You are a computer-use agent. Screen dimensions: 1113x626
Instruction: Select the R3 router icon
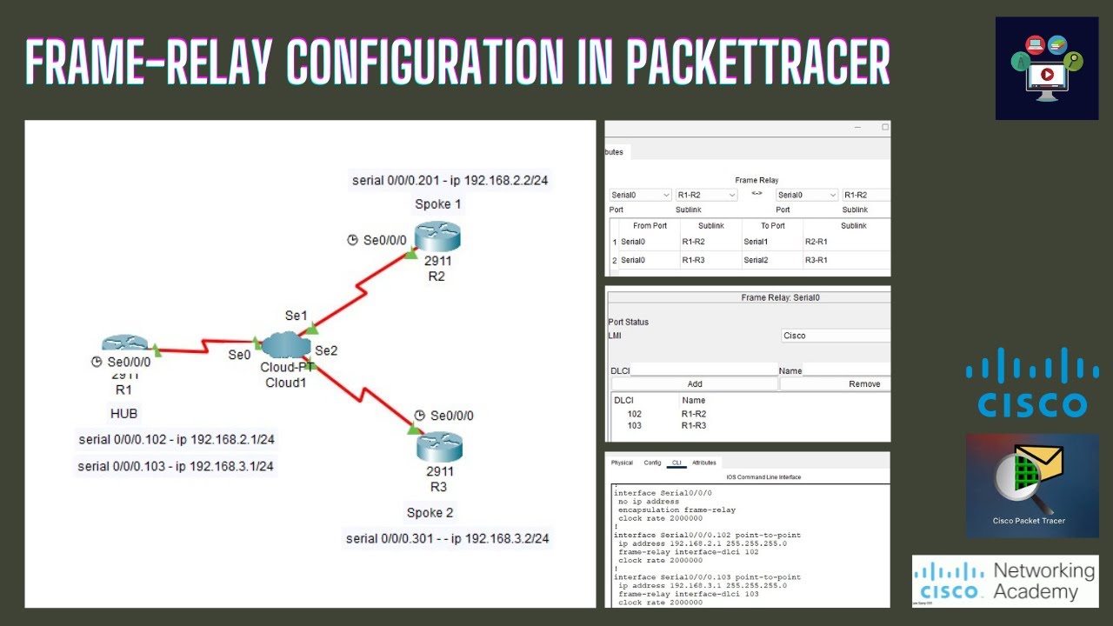pos(439,447)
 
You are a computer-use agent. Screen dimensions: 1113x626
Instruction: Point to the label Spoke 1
pos(438,204)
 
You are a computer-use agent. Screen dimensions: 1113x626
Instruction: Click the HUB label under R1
pos(123,414)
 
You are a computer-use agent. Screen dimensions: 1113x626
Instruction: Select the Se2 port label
pos(326,350)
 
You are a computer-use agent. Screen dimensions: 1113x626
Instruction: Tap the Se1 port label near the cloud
pos(297,316)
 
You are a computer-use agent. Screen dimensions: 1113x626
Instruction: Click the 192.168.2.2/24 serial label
pos(450,181)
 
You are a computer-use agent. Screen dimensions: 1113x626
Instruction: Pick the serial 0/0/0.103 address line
pos(176,466)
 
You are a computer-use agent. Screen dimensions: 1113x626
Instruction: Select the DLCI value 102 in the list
pos(634,414)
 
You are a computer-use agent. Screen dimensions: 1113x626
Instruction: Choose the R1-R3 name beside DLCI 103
pos(694,425)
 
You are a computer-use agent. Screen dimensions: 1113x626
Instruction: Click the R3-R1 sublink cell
pos(816,260)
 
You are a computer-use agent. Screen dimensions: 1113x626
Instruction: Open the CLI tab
pos(676,463)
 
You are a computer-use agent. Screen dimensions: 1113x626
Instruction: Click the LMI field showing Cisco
pos(835,336)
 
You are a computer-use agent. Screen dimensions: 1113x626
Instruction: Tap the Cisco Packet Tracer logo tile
pos(1032,485)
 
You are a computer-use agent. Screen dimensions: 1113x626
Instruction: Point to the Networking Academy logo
pos(1005,581)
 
